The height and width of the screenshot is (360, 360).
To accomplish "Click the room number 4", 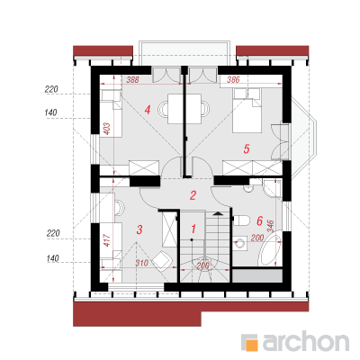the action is coord(147,110).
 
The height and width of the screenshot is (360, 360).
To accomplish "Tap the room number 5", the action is coord(247,148).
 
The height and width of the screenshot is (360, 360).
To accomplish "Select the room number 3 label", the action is coord(139,229).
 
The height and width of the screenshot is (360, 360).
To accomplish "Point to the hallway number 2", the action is coord(193,195).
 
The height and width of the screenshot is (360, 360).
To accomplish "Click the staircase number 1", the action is coord(193,229).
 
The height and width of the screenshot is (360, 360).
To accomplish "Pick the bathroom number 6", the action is coord(259,221).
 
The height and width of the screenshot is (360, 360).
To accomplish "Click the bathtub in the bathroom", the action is coord(270,250).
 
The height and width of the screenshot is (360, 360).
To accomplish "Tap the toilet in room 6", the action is coord(241,220).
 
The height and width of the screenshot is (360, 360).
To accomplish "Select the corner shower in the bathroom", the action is coord(272,188).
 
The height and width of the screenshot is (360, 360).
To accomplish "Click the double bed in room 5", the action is coord(247,111).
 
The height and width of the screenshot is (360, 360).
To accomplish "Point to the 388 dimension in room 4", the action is coord(132,80).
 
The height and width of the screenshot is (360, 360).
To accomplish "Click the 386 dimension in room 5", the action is coord(233,80).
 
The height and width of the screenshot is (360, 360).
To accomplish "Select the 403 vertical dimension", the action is coord(108,129).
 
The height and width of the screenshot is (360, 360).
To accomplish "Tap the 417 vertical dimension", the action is coord(107,240).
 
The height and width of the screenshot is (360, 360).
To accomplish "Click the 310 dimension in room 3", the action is coord(141,263).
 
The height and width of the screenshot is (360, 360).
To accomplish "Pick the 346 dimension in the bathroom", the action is coord(270,227).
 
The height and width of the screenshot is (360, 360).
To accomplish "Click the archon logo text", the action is coord(306,341).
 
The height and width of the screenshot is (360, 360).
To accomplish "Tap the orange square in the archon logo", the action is coord(252,345).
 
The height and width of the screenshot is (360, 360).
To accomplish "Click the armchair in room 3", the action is coord(163,260).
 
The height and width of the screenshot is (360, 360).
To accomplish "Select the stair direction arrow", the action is coord(218,213).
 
